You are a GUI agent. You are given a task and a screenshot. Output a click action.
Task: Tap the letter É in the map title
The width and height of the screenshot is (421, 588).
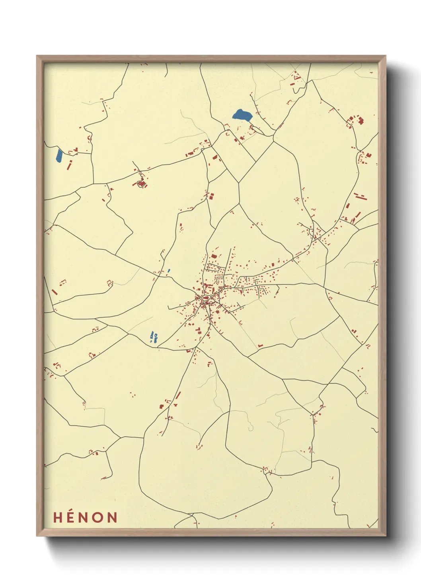tap(71, 517)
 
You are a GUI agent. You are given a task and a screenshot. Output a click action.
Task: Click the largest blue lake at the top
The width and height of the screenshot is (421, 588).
tap(242, 116)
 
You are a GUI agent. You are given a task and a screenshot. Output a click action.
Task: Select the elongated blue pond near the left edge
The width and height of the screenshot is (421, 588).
tap(59, 155)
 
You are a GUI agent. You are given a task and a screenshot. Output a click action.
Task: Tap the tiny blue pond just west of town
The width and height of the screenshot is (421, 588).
tap(169, 271)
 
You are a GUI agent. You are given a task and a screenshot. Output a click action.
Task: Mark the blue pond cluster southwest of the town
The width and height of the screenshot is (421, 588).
tap(154, 337)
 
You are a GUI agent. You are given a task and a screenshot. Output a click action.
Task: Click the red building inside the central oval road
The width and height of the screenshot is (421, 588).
tap(206, 297)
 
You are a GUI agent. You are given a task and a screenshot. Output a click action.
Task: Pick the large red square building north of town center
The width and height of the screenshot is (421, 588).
tap(214, 256)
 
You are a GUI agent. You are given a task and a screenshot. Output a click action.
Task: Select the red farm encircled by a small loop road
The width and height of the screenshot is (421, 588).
tap(140, 184)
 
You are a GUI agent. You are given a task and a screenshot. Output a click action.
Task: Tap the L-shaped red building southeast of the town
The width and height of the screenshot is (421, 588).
tap(260, 345)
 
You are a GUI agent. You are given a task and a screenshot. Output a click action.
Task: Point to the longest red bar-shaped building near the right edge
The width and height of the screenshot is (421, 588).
tap(360, 196)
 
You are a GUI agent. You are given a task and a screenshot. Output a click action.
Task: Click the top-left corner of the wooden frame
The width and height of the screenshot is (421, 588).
tap(37, 56)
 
